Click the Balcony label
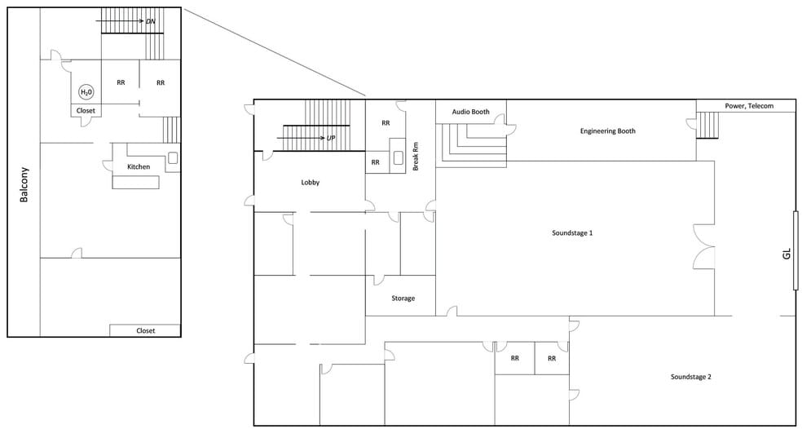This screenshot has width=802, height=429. point(24,185)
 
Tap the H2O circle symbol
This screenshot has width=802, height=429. point(83,92)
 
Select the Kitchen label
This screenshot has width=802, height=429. point(139,167)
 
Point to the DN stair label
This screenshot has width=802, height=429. point(151,21)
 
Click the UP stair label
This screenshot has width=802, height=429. point(331,138)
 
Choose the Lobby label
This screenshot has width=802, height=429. point(311,182)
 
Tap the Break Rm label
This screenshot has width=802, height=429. point(416,156)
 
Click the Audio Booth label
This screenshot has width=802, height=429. point(470,112)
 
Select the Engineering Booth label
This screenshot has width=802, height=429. point(608,131)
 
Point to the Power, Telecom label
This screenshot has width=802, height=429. point(749,106)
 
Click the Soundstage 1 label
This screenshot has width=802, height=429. point(572,233)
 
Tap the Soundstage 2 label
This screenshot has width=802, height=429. point(691,377)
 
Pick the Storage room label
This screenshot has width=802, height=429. point(403,298)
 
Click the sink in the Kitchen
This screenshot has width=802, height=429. point(173,157)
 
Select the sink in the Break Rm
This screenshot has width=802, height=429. point(399,158)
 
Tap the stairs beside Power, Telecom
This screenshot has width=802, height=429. point(708,126)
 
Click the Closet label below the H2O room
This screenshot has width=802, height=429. point(86,111)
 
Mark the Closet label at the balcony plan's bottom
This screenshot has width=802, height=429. point(145,330)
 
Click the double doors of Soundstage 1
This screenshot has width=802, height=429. point(703,246)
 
